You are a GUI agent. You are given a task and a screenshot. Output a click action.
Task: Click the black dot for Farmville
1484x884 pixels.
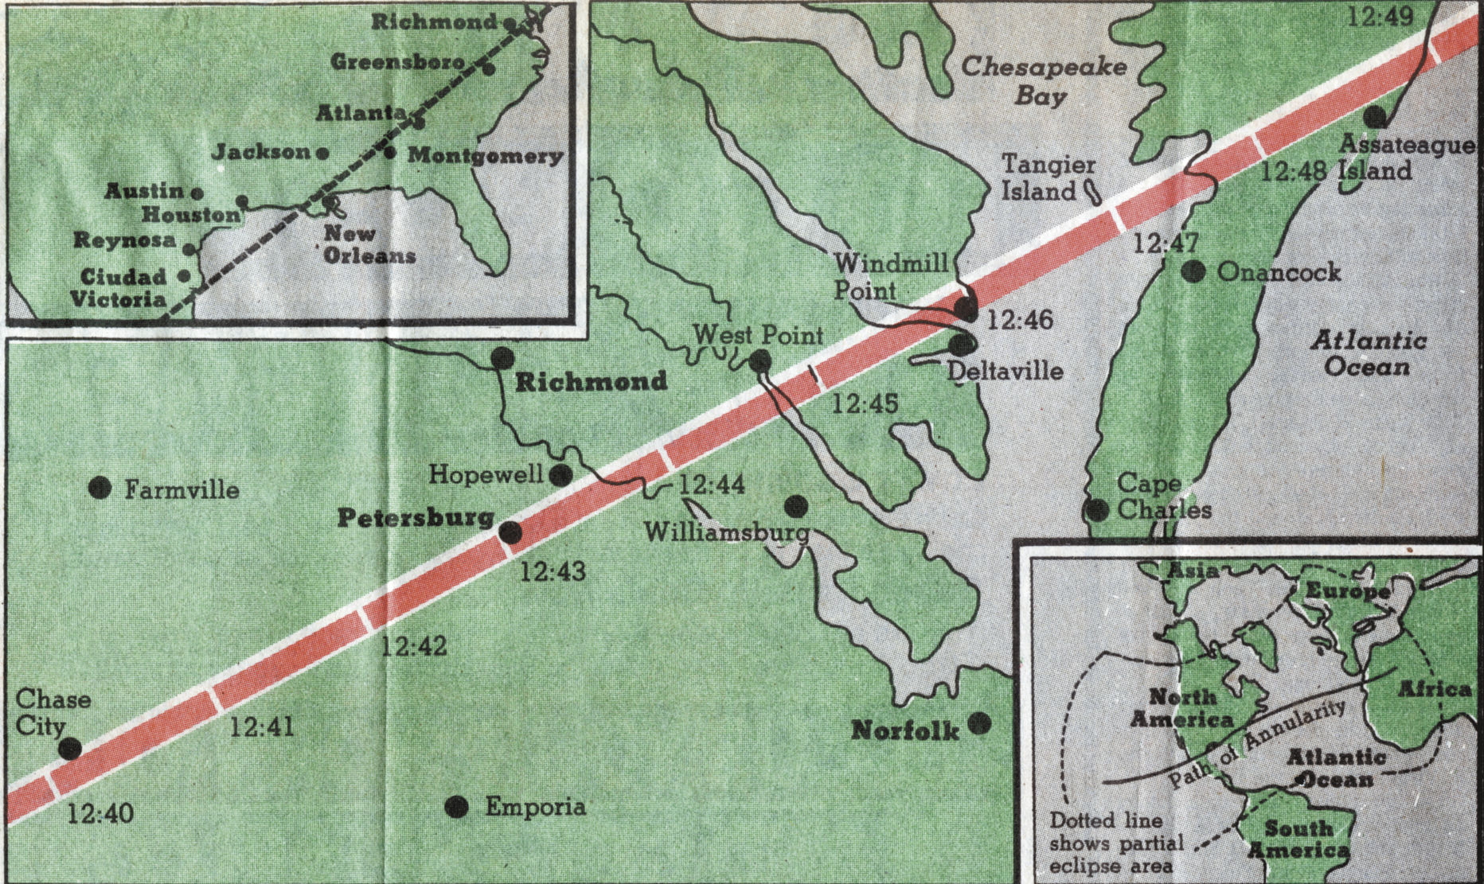[100, 487]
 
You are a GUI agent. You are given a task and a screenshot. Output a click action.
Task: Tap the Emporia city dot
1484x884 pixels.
[456, 807]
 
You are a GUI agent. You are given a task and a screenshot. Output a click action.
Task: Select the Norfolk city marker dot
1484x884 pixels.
[979, 722]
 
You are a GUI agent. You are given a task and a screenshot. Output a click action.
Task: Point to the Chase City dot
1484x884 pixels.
[71, 748]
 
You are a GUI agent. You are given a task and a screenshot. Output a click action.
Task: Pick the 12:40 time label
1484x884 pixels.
[100, 813]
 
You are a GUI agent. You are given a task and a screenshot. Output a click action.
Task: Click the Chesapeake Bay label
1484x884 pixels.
[1044, 80]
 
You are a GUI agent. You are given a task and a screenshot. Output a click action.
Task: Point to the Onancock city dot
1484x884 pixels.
[1193, 271]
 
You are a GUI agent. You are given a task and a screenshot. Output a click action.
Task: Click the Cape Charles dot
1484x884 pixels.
[1097, 509]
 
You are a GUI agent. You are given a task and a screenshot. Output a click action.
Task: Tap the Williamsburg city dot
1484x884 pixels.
[795, 505]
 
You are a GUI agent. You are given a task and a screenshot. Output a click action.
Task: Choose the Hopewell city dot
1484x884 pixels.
[560, 475]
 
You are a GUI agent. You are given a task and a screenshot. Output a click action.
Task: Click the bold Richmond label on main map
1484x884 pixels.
[591, 381]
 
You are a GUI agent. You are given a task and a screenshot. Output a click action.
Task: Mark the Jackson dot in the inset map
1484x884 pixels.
[322, 153]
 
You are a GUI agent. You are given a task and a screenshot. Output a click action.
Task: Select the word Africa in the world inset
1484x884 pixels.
[1435, 689]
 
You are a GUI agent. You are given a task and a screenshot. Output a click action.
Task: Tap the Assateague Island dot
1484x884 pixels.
[1374, 117]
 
